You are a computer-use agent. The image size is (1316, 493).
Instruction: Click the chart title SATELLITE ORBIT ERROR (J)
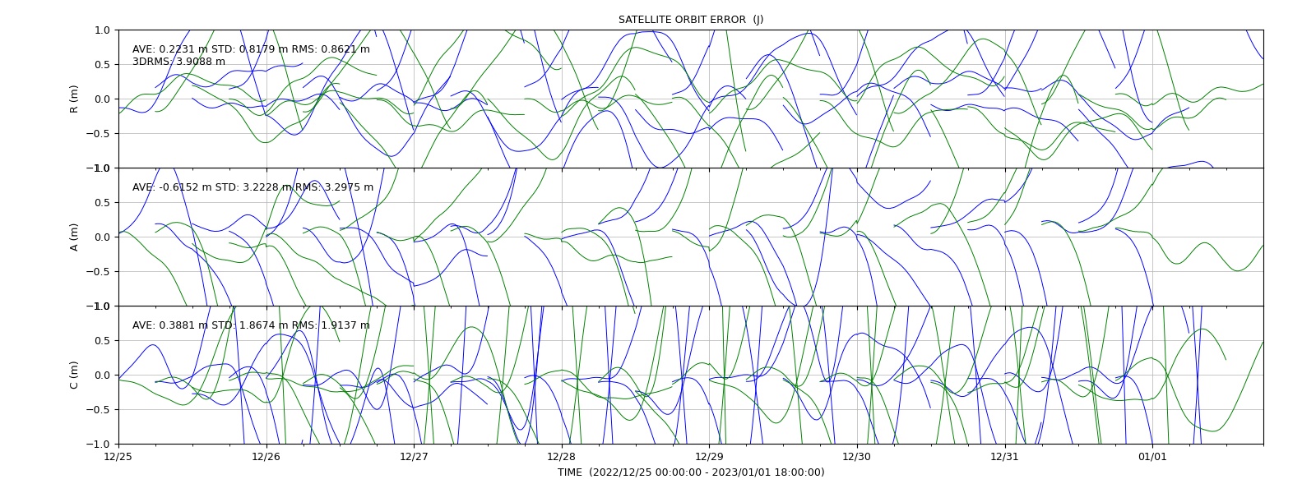click(x=691, y=20)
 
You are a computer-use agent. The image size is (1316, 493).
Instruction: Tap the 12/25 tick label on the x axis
click(x=118, y=456)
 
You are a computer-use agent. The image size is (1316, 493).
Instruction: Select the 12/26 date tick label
click(x=266, y=456)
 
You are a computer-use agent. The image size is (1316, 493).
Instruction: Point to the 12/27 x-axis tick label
click(x=415, y=456)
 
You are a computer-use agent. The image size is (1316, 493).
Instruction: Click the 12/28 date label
click(x=562, y=456)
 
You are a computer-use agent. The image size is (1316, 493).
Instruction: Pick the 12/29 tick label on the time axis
click(x=709, y=456)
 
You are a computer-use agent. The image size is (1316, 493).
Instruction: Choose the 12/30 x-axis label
click(x=857, y=456)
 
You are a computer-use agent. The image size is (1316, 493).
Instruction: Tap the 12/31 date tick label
click(x=1004, y=456)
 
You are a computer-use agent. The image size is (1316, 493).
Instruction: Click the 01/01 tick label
click(x=1152, y=456)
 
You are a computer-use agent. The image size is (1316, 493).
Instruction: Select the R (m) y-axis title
click(x=74, y=99)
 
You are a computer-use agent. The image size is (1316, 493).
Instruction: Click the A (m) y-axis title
click(x=74, y=237)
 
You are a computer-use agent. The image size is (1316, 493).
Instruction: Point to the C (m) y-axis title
click(x=74, y=375)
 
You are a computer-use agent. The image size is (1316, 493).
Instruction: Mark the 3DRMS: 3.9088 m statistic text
click(x=178, y=62)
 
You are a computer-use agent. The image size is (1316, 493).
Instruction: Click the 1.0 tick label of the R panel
click(x=102, y=30)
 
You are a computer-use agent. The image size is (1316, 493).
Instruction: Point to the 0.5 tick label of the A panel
click(x=102, y=202)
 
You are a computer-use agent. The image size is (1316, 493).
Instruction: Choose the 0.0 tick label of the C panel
click(x=102, y=375)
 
